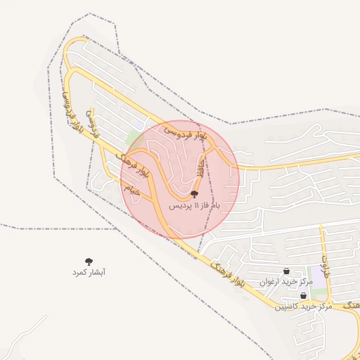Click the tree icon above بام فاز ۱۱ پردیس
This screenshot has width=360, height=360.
195,194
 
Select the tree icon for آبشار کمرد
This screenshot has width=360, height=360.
89,262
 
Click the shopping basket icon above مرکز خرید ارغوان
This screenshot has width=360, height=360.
286,271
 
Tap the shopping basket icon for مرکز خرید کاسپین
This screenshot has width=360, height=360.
303,296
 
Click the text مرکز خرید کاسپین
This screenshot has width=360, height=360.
303,307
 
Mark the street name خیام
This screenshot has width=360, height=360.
132,188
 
